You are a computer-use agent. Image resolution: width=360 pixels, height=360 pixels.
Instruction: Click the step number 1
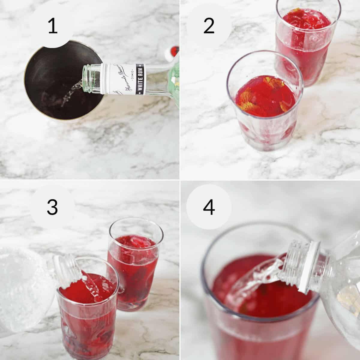tap(53, 26)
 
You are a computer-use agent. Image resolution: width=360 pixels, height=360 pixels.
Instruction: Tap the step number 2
tap(209, 26)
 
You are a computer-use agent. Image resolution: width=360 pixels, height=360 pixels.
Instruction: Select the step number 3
tap(52, 207)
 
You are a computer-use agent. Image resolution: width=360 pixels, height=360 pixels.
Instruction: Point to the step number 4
tap(209, 207)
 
